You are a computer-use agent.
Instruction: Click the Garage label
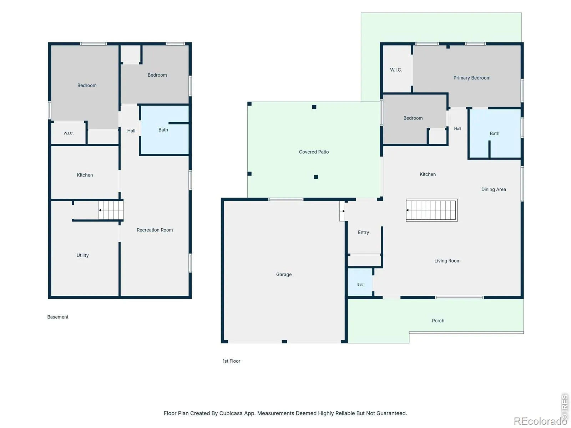[284, 274]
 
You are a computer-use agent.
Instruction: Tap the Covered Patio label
[313, 152]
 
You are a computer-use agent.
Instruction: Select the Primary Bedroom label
[472, 78]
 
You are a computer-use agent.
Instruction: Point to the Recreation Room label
[155, 230]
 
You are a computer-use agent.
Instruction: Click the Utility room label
[82, 255]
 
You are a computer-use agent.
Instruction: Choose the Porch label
[438, 320]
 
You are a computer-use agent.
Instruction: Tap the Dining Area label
[493, 189]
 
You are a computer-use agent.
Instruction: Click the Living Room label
[447, 261]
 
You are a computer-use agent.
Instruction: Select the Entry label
[363, 232]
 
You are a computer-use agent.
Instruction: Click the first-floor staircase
[431, 210]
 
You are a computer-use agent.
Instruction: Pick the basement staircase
[111, 210]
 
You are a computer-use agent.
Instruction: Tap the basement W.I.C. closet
[68, 133]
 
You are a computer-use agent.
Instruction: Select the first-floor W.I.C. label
[396, 70]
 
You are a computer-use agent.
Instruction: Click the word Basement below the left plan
[58, 317]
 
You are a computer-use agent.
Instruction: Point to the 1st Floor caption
[231, 361]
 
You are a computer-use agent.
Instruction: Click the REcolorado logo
[537, 421]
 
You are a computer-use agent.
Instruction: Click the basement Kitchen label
[85, 175]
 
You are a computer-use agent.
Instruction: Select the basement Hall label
[131, 131]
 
